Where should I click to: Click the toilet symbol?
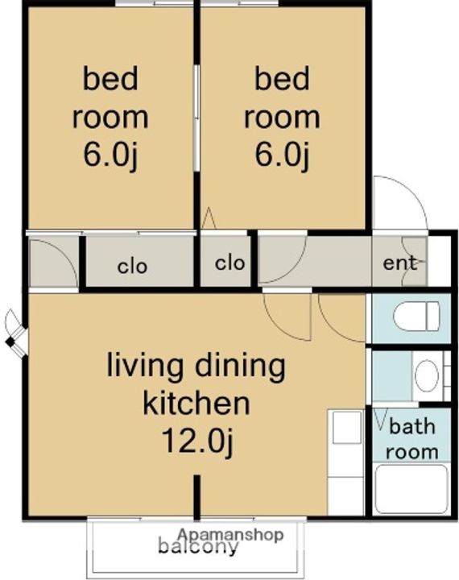pyautogui.click(x=416, y=317)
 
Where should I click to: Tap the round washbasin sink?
pyautogui.click(x=427, y=375)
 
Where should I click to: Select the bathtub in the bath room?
pyautogui.click(x=411, y=489)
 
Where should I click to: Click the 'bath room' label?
pyautogui.click(x=412, y=439)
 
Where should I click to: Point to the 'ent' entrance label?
pyautogui.click(x=400, y=263)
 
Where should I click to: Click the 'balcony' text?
pyautogui.click(x=198, y=547)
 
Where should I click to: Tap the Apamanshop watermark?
pyautogui.click(x=231, y=535)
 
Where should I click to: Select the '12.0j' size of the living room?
pyautogui.click(x=198, y=440)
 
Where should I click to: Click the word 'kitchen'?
pyautogui.click(x=196, y=403)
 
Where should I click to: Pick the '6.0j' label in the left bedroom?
pyautogui.click(x=110, y=155)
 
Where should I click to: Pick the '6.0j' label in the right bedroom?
pyautogui.click(x=282, y=155)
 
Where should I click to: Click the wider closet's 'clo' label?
pyautogui.click(x=132, y=267)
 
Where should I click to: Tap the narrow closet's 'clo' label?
pyautogui.click(x=229, y=263)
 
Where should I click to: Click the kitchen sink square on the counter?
pyautogui.click(x=347, y=427)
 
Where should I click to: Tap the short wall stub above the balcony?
pyautogui.click(x=197, y=498)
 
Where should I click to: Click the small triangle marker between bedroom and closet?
pyautogui.click(x=209, y=217)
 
